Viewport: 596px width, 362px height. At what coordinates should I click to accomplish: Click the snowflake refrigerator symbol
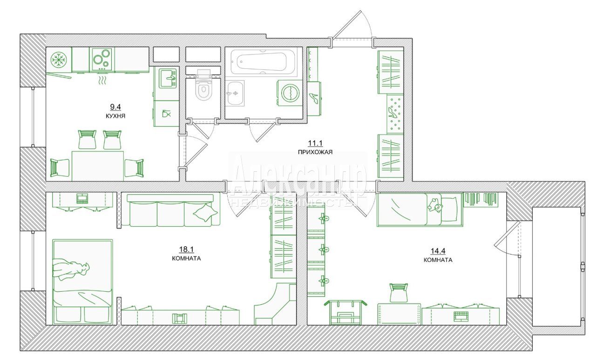[x=59, y=60]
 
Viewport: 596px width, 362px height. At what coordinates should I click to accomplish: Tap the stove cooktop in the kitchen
[x=102, y=59]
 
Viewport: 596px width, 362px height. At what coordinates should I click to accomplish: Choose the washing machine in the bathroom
[x=290, y=93]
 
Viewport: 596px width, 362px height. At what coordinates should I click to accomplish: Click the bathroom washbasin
[x=235, y=93]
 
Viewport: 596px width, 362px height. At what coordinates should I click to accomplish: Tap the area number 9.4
[x=115, y=107]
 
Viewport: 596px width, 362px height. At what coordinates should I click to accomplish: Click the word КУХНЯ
[x=115, y=116]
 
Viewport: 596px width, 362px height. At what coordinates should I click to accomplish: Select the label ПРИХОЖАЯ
[x=315, y=152]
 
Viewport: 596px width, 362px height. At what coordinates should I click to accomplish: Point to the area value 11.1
[x=315, y=143]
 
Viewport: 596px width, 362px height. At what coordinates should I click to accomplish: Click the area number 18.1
[x=186, y=249]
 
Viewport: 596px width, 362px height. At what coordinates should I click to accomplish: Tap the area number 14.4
[x=438, y=251]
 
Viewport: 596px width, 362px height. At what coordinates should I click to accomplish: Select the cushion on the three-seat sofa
[x=205, y=212]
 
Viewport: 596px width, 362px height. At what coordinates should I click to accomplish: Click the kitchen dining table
[x=98, y=166]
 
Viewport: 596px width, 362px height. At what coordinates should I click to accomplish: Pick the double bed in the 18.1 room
[x=82, y=282]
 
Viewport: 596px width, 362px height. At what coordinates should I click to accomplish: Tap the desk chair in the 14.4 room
[x=398, y=293]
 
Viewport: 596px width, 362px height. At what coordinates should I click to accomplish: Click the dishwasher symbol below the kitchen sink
[x=166, y=114]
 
